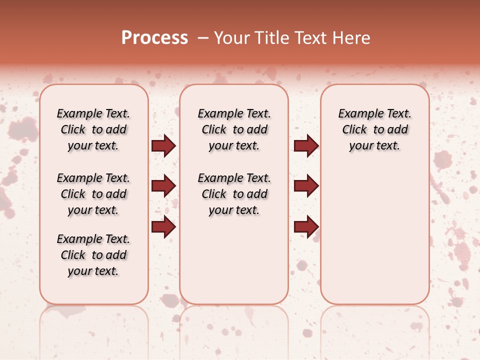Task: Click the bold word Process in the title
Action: coord(154,38)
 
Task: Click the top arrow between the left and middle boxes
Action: coord(163,146)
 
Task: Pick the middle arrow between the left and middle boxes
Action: coord(163,186)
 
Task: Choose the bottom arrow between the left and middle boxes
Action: coord(163,226)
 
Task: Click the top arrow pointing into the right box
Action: coord(306,146)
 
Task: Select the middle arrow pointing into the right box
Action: coord(306,186)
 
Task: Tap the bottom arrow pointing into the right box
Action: coord(306,226)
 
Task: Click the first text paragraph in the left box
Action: coord(93,129)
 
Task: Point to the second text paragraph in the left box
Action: coord(93,194)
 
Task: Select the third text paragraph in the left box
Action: coord(93,255)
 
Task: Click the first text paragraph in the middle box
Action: coord(234,129)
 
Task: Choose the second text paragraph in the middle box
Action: coord(234,194)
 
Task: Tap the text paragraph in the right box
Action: coord(375,129)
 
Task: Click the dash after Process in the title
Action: coord(202,38)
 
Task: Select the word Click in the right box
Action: coord(354,130)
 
